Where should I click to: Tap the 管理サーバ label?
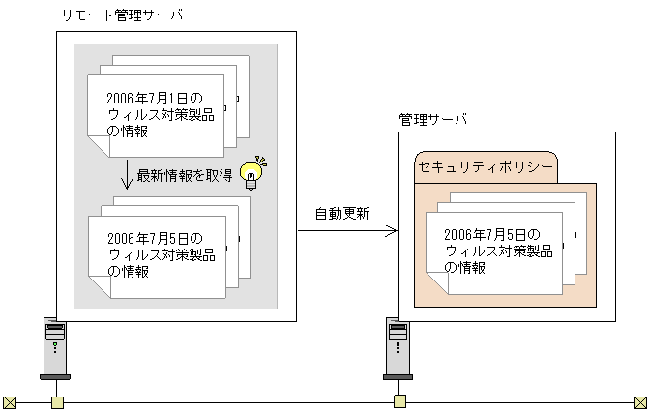click(432, 119)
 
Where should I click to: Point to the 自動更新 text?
click(342, 214)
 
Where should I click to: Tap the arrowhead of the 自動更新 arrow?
click(392, 230)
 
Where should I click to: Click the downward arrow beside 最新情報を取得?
click(127, 176)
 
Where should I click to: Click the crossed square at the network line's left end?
click(10, 402)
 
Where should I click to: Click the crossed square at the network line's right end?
click(639, 402)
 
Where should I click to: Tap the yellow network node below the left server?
click(57, 402)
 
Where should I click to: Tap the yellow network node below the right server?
click(398, 402)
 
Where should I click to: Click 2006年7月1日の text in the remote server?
click(156, 99)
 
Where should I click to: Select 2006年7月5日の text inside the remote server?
click(156, 238)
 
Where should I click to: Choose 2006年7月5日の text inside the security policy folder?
click(491, 235)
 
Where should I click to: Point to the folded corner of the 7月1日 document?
click(97, 142)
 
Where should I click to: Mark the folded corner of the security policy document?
click(433, 281)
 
